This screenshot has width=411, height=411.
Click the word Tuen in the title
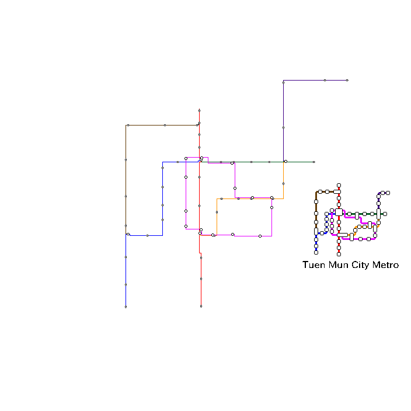point(314,264)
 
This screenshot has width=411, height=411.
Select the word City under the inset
point(360,265)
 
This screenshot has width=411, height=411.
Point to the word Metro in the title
point(385,264)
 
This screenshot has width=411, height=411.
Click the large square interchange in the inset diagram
point(339,212)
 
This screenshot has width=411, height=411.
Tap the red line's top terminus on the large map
point(200,110)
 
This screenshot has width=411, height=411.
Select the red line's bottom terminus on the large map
point(201,306)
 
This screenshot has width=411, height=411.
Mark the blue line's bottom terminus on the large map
point(126,306)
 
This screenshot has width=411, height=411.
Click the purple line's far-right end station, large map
point(347,80)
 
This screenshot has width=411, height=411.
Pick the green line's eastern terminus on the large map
point(314,162)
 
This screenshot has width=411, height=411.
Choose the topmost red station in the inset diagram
point(339,185)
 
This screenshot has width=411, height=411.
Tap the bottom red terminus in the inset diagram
point(339,255)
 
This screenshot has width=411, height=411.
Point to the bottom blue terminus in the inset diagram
point(316,253)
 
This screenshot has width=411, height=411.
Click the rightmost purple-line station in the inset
point(388,193)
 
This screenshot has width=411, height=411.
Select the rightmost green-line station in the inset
point(385,214)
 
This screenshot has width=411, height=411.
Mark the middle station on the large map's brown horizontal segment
point(165,126)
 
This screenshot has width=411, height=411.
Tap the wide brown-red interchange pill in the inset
point(337,192)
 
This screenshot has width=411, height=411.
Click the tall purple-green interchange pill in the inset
point(378,214)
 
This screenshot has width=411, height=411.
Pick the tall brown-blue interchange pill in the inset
point(316,231)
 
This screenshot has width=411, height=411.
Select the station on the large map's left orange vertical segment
point(217,213)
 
